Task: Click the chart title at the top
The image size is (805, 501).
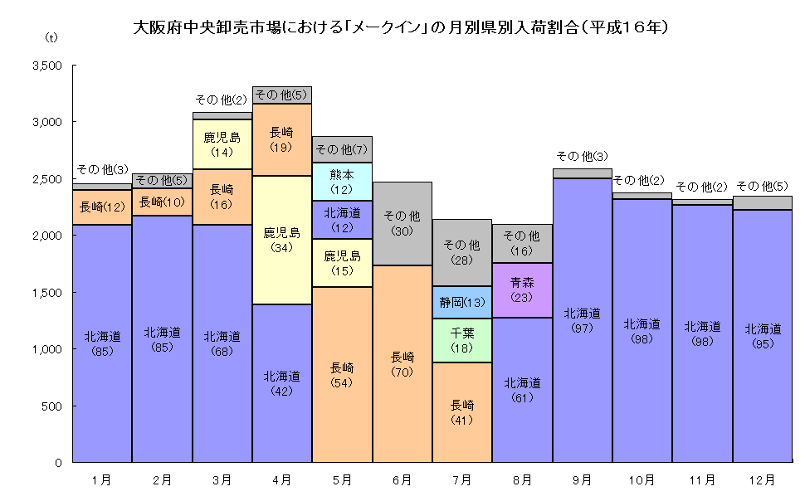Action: coord(402,27)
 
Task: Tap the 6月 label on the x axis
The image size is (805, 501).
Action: coord(402,479)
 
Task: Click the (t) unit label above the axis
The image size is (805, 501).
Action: coord(51,38)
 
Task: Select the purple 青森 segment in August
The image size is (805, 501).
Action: coord(522,289)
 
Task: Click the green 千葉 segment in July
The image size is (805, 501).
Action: coord(462,340)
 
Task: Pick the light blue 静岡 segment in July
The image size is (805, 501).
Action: coord(462,302)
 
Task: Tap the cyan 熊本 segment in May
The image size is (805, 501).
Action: coord(342,182)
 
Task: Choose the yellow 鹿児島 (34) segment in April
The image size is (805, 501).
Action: coord(282,240)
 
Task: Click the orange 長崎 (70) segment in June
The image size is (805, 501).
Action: coord(402,363)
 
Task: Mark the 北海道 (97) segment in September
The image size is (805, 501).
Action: coord(582,319)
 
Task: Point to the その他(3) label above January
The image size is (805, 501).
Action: coord(101,169)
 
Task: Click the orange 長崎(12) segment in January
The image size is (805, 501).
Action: coord(102,207)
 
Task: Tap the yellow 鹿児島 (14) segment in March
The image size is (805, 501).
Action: coord(222,144)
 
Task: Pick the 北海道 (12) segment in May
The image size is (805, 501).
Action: coord(342,219)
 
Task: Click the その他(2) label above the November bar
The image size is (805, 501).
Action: coord(702,187)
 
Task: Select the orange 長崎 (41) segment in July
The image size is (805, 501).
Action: coord(462,411)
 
